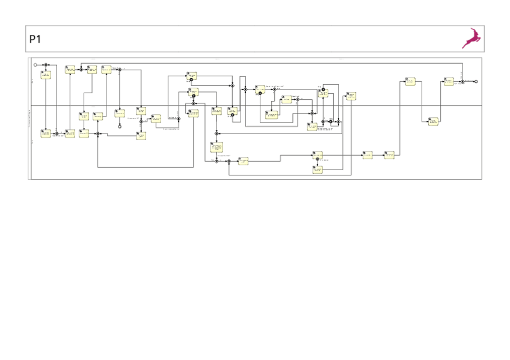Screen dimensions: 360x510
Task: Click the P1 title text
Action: tap(35, 39)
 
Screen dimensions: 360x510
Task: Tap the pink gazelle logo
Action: tap(471, 38)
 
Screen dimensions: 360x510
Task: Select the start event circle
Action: tap(35, 64)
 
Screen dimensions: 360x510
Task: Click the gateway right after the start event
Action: tap(46, 64)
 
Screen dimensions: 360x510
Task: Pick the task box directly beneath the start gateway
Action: tap(46, 75)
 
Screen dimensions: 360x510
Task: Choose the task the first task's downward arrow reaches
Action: tap(46, 133)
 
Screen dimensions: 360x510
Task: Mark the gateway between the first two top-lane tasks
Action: tap(81, 70)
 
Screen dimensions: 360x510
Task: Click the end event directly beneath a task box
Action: tap(120, 126)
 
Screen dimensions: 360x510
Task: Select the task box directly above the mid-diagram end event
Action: tap(120, 113)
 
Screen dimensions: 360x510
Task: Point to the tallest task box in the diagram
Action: tap(217, 147)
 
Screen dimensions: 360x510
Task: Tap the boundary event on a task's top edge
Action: tap(323, 90)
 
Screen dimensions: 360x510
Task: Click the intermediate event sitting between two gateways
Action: tap(330, 121)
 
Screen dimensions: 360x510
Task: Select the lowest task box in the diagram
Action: tap(318, 169)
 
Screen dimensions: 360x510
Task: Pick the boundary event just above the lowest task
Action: tap(318, 159)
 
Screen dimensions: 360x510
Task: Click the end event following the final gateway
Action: tap(476, 81)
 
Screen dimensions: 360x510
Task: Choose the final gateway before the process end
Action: tap(462, 81)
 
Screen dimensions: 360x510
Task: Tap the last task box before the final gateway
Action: tap(449, 81)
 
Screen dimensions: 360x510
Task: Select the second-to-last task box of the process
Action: tap(433, 121)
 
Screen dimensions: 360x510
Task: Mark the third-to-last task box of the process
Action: tap(410, 81)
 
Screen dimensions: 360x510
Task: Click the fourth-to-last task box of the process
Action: tap(389, 155)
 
